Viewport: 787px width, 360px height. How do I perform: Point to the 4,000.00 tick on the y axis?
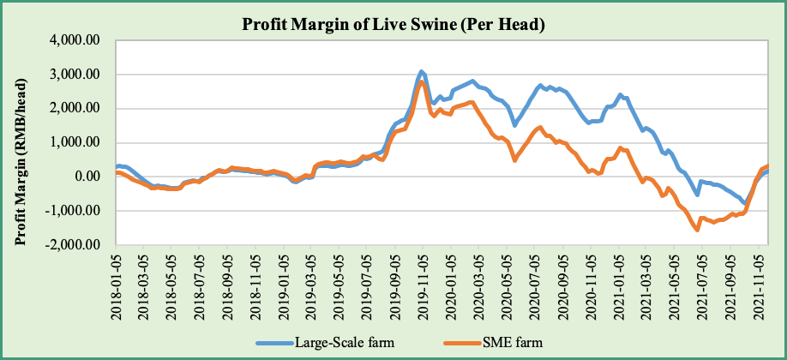[76, 40]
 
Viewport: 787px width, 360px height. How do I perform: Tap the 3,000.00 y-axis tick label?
[76, 75]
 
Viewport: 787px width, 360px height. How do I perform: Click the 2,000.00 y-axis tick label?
[76, 109]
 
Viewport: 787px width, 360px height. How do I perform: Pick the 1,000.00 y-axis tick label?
[76, 143]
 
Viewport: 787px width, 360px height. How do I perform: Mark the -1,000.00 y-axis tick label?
[75, 211]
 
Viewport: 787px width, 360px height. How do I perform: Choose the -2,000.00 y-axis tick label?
[75, 245]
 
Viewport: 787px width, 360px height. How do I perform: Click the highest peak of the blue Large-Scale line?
[422, 71]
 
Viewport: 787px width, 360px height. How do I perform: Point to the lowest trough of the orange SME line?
[697, 230]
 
